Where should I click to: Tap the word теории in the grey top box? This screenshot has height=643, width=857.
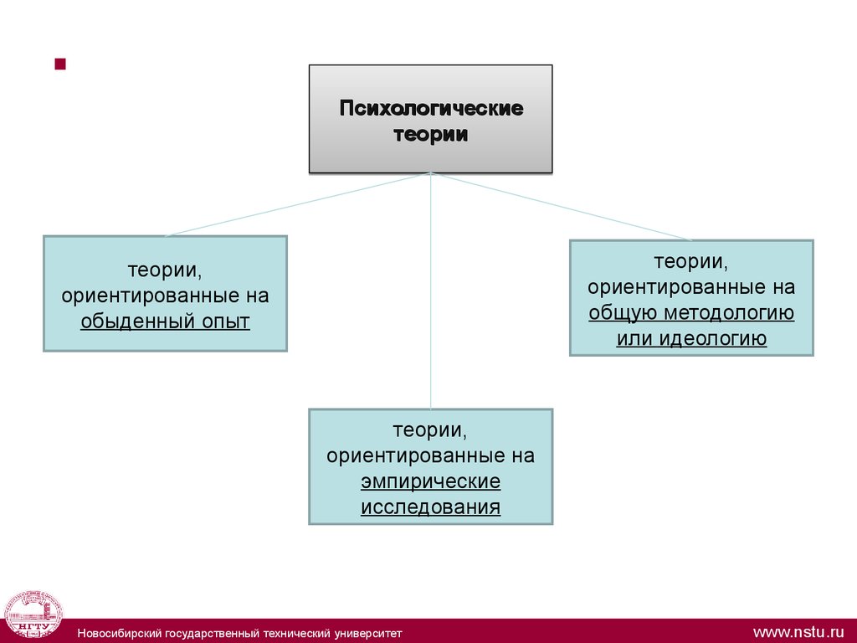click(x=430, y=134)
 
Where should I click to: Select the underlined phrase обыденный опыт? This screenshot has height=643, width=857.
click(x=165, y=321)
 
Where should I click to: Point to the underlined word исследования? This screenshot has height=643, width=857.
click(x=430, y=507)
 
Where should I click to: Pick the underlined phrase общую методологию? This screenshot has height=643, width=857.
click(x=691, y=313)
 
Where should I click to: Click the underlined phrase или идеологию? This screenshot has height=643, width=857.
click(x=691, y=338)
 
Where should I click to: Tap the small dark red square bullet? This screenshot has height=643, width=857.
click(x=59, y=64)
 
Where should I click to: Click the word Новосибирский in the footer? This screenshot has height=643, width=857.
click(x=116, y=632)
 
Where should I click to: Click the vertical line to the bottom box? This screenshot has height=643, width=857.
click(x=430, y=293)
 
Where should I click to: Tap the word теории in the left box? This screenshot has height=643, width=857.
click(x=165, y=271)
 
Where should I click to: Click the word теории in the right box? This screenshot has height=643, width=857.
click(x=691, y=262)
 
